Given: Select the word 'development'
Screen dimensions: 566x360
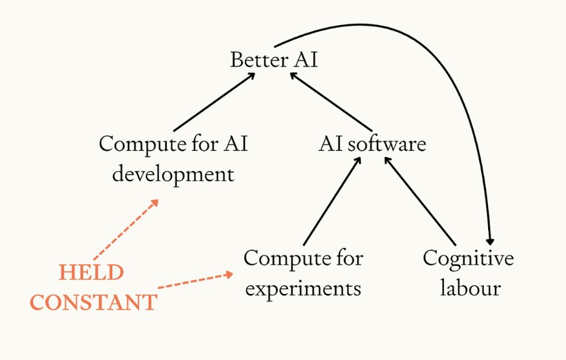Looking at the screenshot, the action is (x=173, y=174).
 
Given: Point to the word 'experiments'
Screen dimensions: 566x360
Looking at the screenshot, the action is (x=302, y=289).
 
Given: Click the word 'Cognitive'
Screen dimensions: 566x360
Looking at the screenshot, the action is (x=468, y=258).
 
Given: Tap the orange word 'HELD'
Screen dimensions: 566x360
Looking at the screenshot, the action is (x=91, y=273).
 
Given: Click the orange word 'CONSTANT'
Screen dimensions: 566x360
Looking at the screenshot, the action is (x=94, y=303).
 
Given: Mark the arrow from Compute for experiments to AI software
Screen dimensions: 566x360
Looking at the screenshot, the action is (x=331, y=201).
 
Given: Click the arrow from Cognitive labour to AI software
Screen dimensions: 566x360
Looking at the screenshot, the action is (x=421, y=201).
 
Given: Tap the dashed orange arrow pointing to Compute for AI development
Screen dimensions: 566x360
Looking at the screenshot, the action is (x=125, y=230).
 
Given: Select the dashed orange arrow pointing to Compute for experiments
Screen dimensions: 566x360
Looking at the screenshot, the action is (x=194, y=280).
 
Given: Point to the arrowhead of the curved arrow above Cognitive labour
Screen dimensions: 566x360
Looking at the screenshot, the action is (x=491, y=240).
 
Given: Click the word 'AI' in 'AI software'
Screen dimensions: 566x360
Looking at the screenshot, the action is (x=331, y=144).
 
